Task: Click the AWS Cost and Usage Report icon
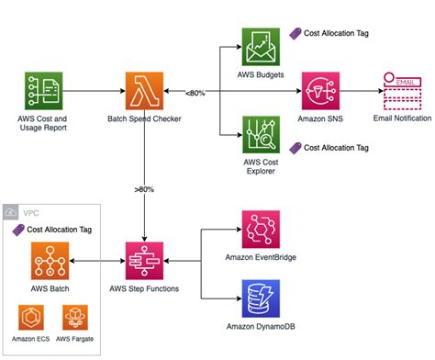[43, 92]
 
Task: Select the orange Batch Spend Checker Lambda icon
[146, 92]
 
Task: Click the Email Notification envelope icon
[403, 92]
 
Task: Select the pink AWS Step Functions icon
[146, 262]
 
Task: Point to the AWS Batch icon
[50, 262]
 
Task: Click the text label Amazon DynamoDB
[262, 327]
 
